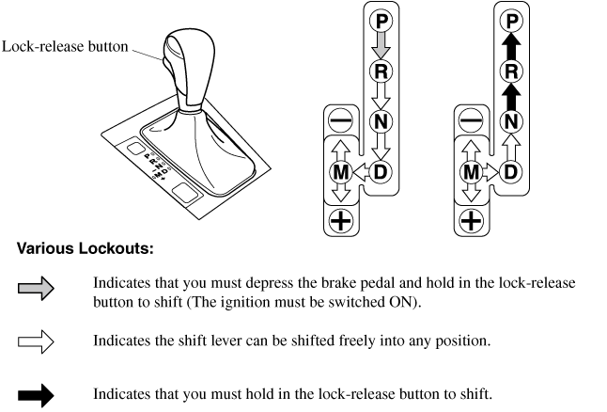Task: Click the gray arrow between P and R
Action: tap(381, 45)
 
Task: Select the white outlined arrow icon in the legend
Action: tap(33, 341)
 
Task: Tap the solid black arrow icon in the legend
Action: tap(33, 393)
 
